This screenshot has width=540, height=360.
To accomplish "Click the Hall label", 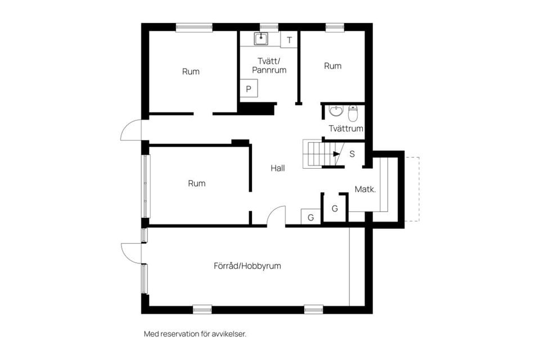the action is (277, 168).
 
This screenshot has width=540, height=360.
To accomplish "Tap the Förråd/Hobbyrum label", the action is (247, 266).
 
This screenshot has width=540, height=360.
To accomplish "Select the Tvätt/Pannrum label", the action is (269, 65).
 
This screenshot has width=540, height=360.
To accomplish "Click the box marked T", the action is (289, 40).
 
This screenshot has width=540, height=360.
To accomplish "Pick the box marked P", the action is (249, 89).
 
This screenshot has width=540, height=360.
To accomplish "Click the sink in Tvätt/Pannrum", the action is (262, 39).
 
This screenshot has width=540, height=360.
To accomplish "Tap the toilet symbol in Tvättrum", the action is (353, 113).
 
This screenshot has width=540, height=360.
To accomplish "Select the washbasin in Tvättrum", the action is (336, 111).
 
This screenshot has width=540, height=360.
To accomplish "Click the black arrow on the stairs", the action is (336, 154).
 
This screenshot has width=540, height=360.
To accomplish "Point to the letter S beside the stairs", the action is (352, 154).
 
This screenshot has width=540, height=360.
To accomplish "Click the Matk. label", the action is (365, 189).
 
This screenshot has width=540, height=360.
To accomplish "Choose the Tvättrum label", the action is (346, 128).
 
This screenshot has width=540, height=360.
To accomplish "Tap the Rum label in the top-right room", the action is (332, 66).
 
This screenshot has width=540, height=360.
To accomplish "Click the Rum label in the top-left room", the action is (191, 71).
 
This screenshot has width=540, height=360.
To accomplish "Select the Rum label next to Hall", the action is (197, 183).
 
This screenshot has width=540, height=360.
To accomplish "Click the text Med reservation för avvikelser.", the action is (195, 334).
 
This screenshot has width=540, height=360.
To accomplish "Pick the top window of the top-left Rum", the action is (194, 28).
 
